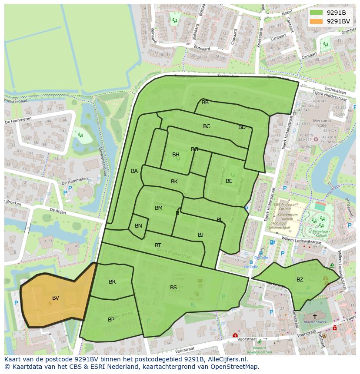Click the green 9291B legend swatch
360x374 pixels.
point(316,13)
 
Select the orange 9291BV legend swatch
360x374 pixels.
point(316,21)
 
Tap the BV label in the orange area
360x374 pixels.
point(56,298)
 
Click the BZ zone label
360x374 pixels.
point(300,280)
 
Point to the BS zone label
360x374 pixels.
point(173,288)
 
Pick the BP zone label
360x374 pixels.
point(111,320)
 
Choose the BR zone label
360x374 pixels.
point(112,282)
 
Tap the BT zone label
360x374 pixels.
point(158,245)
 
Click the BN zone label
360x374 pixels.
point(138,226)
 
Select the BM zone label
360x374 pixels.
point(159,208)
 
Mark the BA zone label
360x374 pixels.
point(134,171)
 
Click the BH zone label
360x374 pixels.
point(176,155)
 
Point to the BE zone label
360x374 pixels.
point(229,181)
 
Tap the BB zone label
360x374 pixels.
point(205,103)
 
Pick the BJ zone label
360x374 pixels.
point(200,235)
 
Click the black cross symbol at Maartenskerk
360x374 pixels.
point(315,316)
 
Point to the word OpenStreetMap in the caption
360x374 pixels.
point(234,367)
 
